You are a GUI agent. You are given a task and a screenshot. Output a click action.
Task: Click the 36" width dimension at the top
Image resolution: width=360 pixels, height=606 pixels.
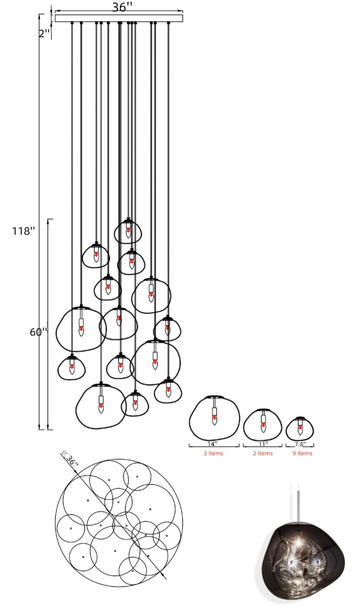(122, 7)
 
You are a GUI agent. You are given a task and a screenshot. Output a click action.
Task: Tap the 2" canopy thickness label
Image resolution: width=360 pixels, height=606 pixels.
(44, 33)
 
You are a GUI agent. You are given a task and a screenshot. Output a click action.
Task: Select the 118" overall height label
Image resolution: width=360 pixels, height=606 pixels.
(23, 231)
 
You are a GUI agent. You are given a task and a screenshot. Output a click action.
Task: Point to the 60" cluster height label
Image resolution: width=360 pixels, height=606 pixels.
(38, 332)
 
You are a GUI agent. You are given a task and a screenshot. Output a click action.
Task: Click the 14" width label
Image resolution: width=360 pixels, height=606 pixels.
(213, 444)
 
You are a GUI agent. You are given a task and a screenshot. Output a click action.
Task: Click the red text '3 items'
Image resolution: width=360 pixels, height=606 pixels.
(213, 453)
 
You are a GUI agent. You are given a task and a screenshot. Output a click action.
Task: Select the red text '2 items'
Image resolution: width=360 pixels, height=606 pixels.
(263, 453)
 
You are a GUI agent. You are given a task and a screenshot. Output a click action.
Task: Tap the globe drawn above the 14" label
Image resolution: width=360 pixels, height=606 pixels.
(214, 419)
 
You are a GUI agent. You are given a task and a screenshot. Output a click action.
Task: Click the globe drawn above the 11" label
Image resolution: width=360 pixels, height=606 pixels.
(263, 425)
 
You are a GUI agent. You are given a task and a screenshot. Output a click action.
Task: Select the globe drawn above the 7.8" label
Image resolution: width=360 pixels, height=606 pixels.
(300, 429)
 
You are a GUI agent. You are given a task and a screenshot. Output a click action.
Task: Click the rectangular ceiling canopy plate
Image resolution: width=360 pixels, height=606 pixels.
(119, 18)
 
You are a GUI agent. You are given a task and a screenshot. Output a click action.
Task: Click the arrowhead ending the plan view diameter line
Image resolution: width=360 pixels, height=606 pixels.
(165, 578)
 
